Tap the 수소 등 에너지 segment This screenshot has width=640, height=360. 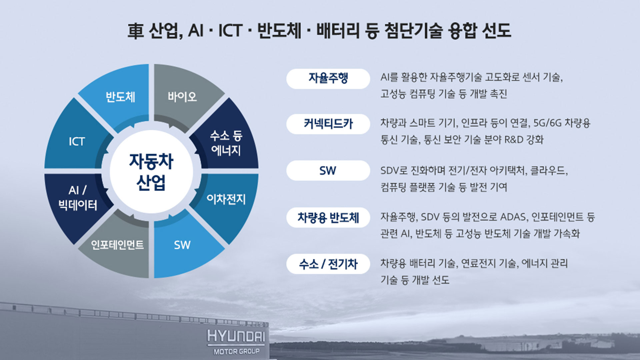[x=226, y=143]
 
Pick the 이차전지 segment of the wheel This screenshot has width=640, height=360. [x=226, y=199]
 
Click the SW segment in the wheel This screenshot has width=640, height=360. [x=182, y=245]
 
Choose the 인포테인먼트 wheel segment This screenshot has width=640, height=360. [x=117, y=245]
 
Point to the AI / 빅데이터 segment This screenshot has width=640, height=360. [x=77, y=198]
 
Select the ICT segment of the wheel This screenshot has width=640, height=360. [x=77, y=142]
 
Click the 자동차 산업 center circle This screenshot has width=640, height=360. [x=151, y=172]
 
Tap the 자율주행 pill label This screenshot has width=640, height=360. [x=328, y=79]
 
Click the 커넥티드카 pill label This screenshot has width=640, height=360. [x=328, y=124]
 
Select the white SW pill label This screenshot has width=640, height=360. [x=328, y=171]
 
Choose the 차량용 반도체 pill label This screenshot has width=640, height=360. [x=328, y=218]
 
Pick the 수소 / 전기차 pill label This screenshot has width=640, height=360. [x=328, y=264]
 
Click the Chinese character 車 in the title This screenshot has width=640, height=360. [x=136, y=31]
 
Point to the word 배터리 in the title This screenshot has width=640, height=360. [x=338, y=31]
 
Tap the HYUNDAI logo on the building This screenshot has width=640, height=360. [x=236, y=336]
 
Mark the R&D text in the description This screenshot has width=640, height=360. [x=514, y=139]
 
